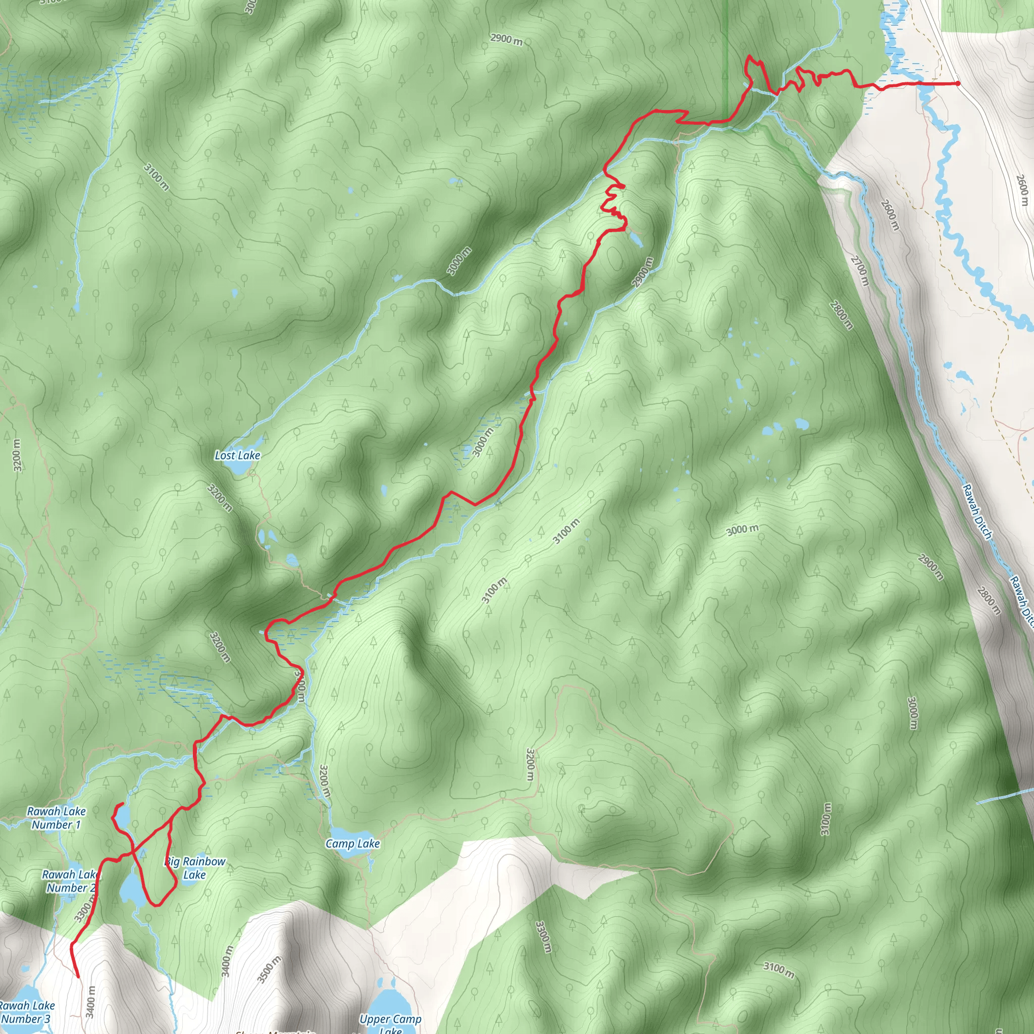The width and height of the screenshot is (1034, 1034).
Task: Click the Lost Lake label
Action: pyautogui.click(x=237, y=455)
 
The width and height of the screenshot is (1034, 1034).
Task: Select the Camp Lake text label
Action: pyautogui.click(x=353, y=844)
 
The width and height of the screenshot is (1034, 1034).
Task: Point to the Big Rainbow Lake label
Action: pyautogui.click(x=195, y=868)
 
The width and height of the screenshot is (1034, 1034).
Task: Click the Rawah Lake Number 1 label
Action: pyautogui.click(x=56, y=818)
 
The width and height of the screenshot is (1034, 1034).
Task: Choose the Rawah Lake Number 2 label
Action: pyautogui.click(x=70, y=881)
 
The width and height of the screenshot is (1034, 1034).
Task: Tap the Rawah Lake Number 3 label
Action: pyautogui.click(x=27, y=1012)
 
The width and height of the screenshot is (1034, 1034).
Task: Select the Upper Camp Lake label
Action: pyautogui.click(x=390, y=1023)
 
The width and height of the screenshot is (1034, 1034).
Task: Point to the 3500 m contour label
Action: pyautogui.click(x=269, y=969)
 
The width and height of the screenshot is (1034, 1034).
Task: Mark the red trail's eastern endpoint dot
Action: pyautogui.click(x=957, y=83)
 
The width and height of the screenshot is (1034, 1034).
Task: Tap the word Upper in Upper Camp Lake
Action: pyautogui.click(x=374, y=1019)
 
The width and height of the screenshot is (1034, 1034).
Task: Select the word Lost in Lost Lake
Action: pyautogui.click(x=225, y=455)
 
